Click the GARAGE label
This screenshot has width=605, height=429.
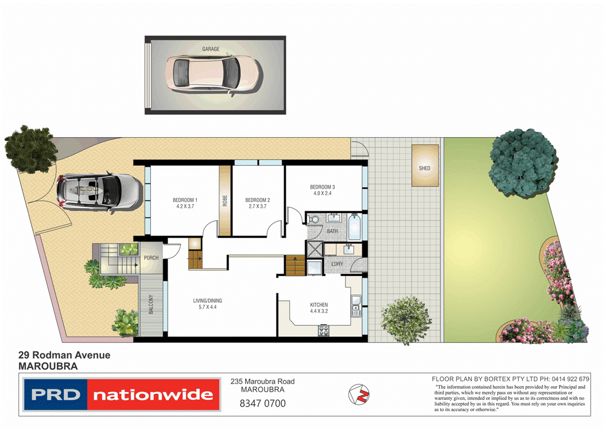pyautogui.click(x=211, y=49)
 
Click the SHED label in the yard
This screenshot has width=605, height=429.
pyautogui.click(x=424, y=169)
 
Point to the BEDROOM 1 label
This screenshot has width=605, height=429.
pyautogui.click(x=185, y=200)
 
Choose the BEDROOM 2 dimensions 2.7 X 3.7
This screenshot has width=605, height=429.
pyautogui.click(x=257, y=206)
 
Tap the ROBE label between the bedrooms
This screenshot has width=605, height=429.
pyautogui.click(x=225, y=201)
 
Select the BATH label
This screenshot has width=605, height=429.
pyautogui.click(x=332, y=232)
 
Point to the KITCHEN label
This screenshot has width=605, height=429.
pyautogui.click(x=319, y=305)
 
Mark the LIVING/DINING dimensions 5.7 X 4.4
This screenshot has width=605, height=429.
pyautogui.click(x=207, y=307)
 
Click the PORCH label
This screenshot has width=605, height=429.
pyautogui.click(x=151, y=258)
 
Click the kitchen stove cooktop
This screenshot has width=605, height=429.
pyautogui.click(x=323, y=330)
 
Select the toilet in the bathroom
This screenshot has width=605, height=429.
pyautogui.click(x=313, y=220)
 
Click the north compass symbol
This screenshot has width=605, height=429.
pyautogui.click(x=359, y=393)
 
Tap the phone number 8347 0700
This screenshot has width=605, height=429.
pyautogui.click(x=262, y=403)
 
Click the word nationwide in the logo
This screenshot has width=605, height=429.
pyautogui.click(x=153, y=395)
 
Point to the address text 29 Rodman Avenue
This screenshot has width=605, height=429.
pyautogui.click(x=64, y=356)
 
